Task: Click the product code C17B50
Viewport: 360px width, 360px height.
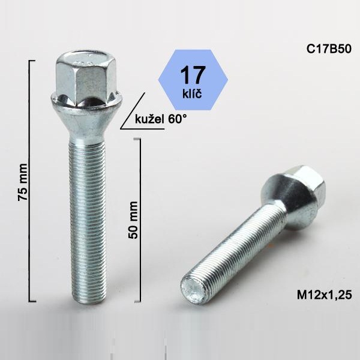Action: (329, 49)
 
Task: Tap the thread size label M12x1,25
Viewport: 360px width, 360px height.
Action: (324, 295)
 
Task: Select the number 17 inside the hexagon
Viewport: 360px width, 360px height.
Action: (193, 76)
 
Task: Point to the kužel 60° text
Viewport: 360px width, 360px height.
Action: (161, 119)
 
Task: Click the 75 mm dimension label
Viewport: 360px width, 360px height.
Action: (23, 182)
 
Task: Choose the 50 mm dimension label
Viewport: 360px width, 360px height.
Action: (133, 220)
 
